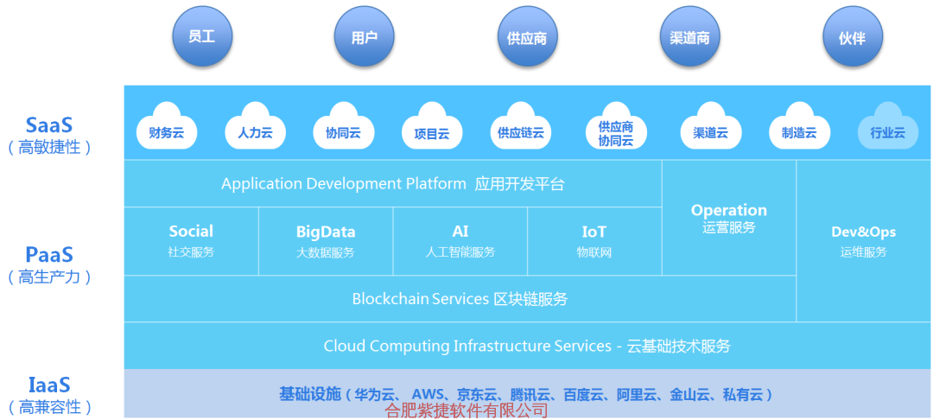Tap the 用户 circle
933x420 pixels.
point(365,37)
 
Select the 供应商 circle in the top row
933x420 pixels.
point(527,38)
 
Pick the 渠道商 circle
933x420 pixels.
point(689,38)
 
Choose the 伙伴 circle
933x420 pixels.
point(852,38)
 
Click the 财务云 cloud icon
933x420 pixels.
point(167,128)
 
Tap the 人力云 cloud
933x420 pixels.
point(255,128)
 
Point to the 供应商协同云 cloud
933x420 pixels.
point(615,128)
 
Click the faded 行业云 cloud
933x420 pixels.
point(887,128)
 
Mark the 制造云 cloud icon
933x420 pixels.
point(799,128)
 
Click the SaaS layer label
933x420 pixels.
point(49,125)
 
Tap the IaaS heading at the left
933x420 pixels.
point(49,385)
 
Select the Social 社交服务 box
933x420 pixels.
point(191,241)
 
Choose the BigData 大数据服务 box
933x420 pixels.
point(326,241)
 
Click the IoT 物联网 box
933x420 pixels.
point(594,241)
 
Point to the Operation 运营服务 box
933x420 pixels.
point(729,218)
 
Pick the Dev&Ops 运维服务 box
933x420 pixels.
point(864,241)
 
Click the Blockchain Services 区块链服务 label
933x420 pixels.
point(460,299)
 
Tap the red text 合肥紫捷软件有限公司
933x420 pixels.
point(466,410)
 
